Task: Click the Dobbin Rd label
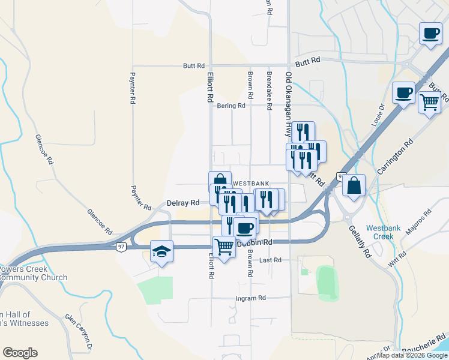256,242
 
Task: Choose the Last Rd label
270,260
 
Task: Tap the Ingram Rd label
250,298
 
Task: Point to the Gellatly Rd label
358,238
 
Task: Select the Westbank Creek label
379,232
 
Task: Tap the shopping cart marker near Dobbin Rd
224,247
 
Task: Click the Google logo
20,353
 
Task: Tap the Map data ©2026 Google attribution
412,355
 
